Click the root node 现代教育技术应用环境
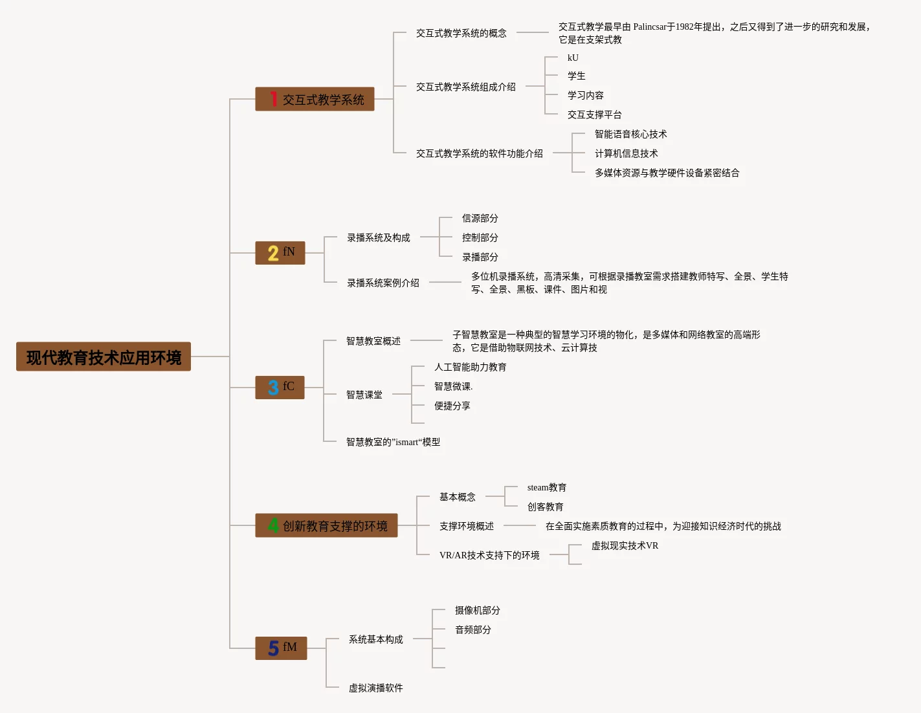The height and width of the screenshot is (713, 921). (x=104, y=356)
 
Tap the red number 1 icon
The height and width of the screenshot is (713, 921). (x=274, y=99)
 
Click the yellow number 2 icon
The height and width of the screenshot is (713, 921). (x=273, y=253)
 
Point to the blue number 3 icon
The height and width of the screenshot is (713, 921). (x=273, y=388)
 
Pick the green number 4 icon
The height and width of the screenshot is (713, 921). (x=273, y=525)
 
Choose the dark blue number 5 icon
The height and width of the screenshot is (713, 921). (x=273, y=648)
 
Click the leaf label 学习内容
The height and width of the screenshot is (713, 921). (x=585, y=95)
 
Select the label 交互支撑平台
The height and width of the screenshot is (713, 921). (x=594, y=115)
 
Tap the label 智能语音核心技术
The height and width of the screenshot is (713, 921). (x=630, y=134)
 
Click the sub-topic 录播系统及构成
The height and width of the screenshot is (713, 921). (x=378, y=237)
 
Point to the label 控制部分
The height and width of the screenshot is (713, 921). (x=480, y=237)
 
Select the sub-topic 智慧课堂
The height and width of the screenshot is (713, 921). (x=364, y=394)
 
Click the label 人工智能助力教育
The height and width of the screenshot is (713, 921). (x=470, y=367)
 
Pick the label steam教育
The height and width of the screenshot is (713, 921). (x=546, y=487)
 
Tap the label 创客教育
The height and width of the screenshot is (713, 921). (x=545, y=507)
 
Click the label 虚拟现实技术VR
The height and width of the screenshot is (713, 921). (x=625, y=545)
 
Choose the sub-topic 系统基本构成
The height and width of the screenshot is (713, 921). (x=375, y=639)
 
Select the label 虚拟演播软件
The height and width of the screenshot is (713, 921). (x=375, y=688)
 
